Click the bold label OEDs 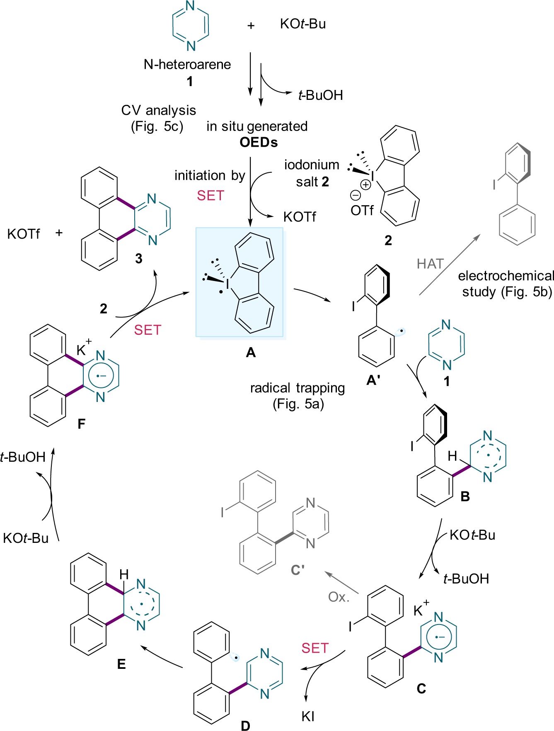259,142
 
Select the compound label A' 373,380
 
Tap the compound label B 465,496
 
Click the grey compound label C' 298,570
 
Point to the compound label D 245,725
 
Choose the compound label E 121,664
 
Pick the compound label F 82,424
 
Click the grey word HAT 430,264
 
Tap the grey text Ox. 339,597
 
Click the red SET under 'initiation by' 210,195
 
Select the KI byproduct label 308,716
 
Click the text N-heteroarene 187,64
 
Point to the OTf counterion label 362,211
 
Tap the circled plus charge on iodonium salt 365,185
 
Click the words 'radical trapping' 298,388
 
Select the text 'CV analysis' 159,110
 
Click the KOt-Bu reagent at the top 303,24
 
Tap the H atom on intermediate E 124,574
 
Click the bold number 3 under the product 139,259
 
